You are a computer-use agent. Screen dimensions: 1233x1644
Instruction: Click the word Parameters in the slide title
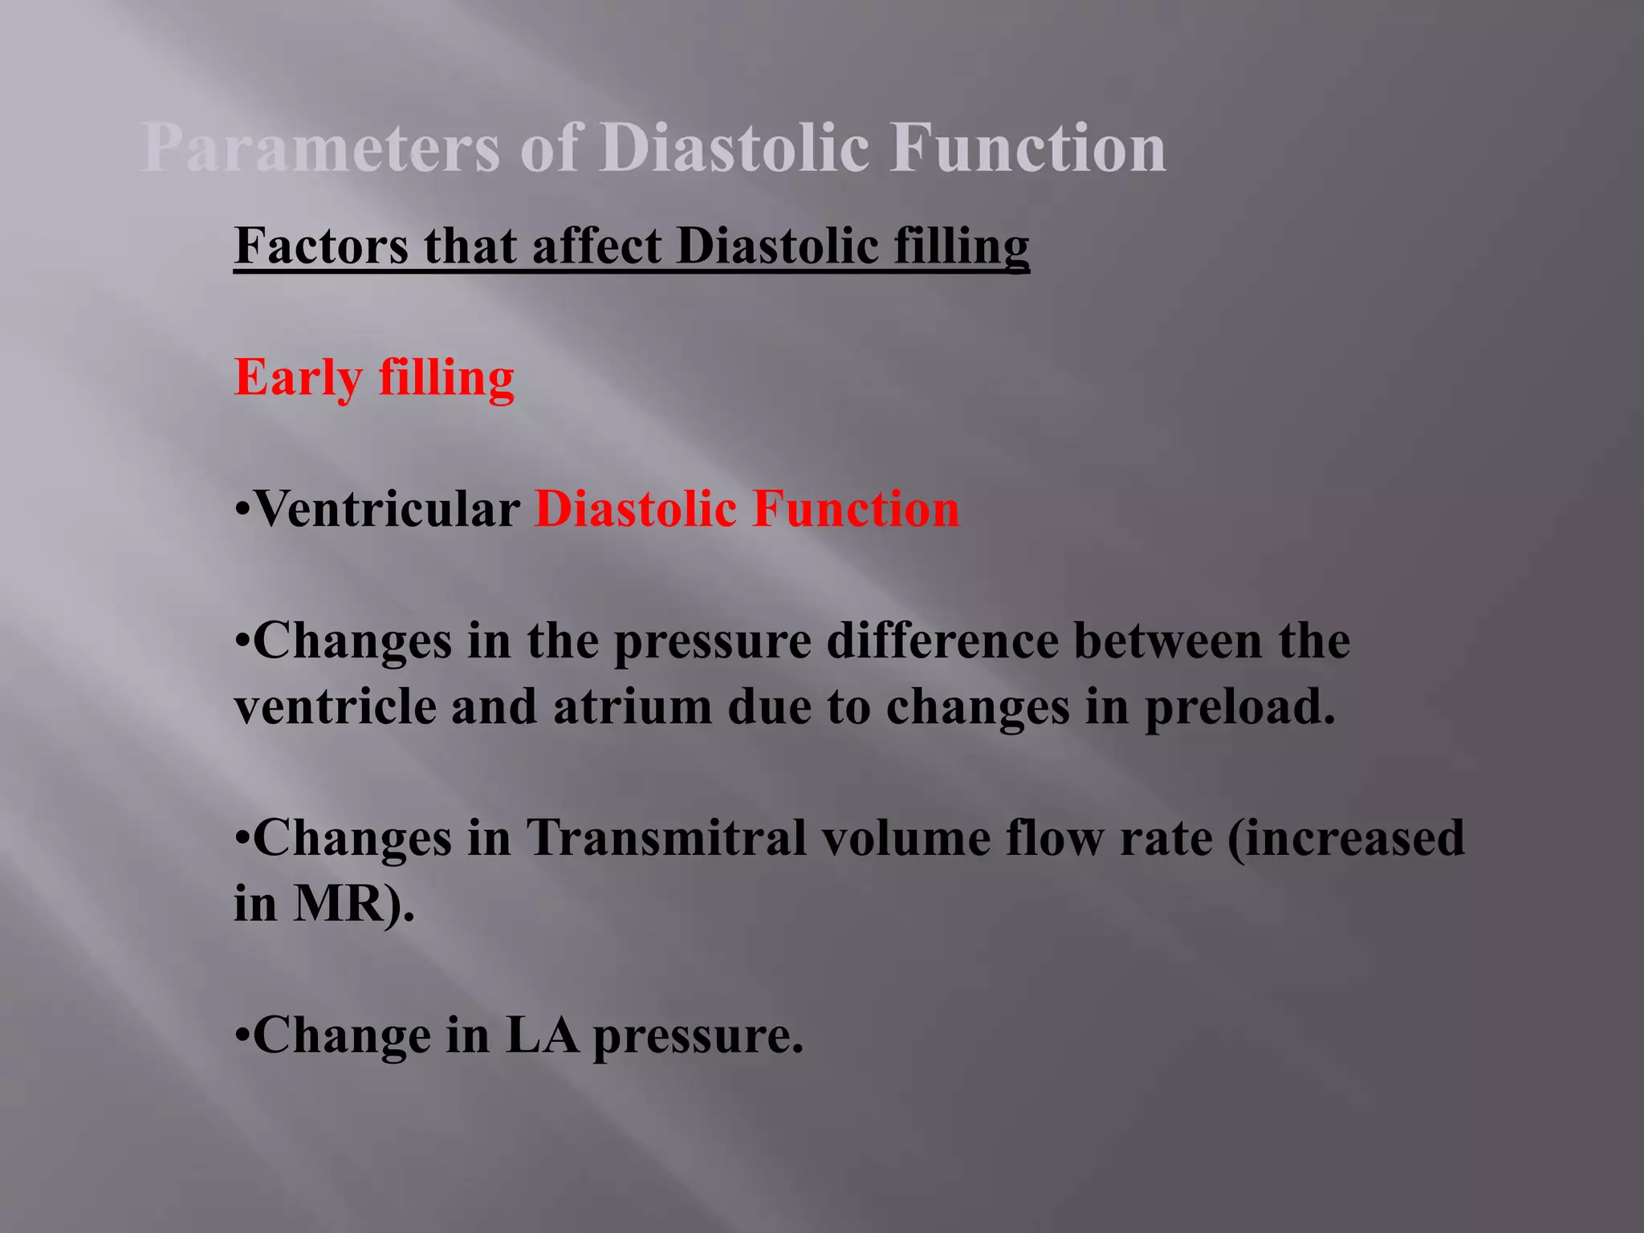(x=321, y=149)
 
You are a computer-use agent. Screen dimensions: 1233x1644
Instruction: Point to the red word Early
(x=298, y=377)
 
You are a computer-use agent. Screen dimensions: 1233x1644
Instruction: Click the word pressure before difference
(x=713, y=642)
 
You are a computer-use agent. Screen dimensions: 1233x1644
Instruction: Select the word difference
(x=942, y=641)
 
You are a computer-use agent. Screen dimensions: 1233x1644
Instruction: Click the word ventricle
(x=334, y=707)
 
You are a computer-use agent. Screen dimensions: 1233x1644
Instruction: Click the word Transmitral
(x=666, y=838)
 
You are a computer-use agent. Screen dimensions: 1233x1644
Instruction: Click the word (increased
(x=1346, y=838)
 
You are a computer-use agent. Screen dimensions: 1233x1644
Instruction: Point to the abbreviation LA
(x=542, y=1036)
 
